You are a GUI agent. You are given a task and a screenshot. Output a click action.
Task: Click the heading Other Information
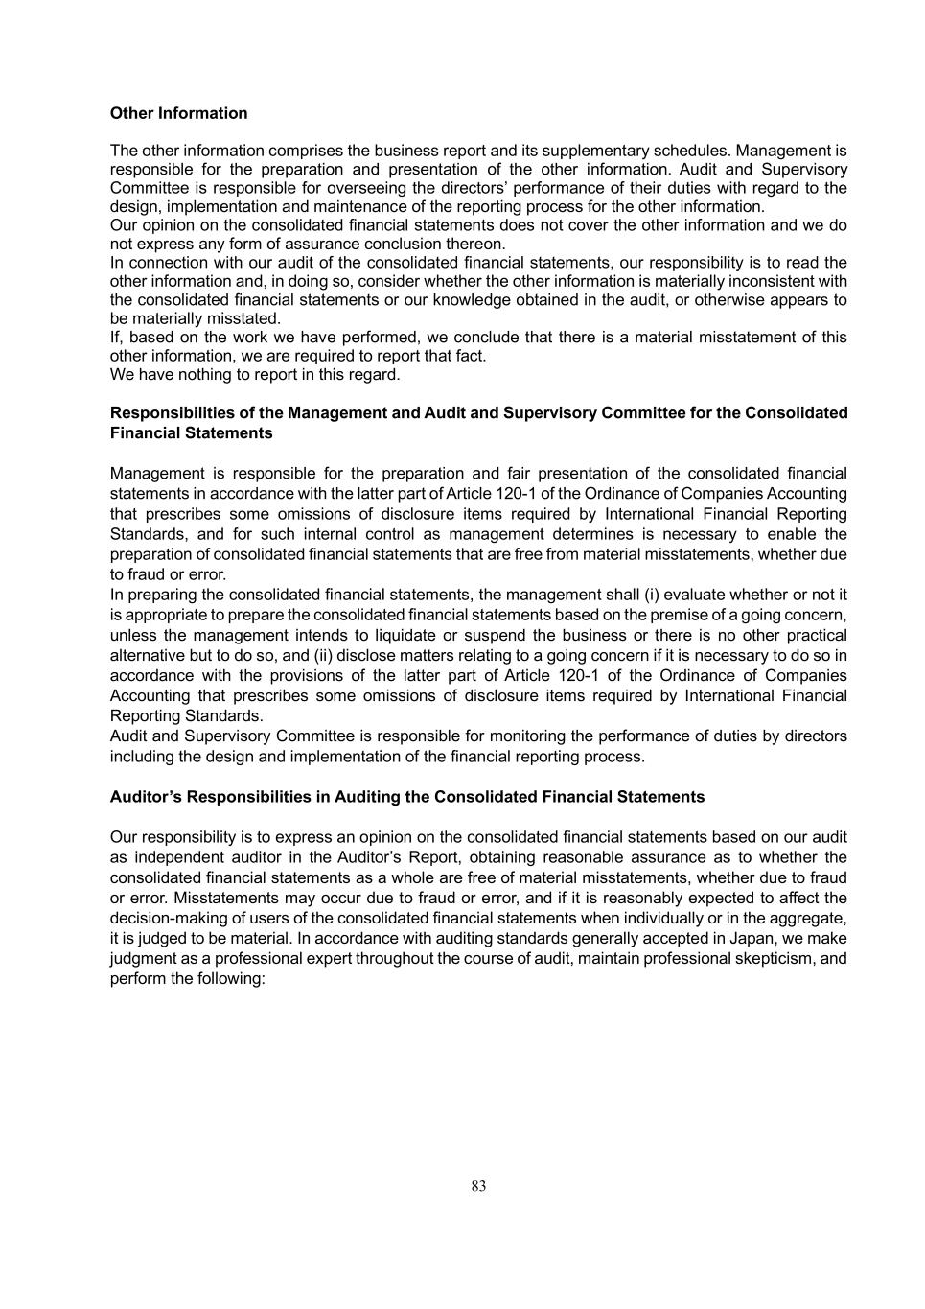click(x=178, y=113)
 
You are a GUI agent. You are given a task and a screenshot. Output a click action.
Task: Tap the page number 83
click(x=478, y=1186)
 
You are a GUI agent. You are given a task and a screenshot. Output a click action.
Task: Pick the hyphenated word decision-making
click(x=166, y=918)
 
